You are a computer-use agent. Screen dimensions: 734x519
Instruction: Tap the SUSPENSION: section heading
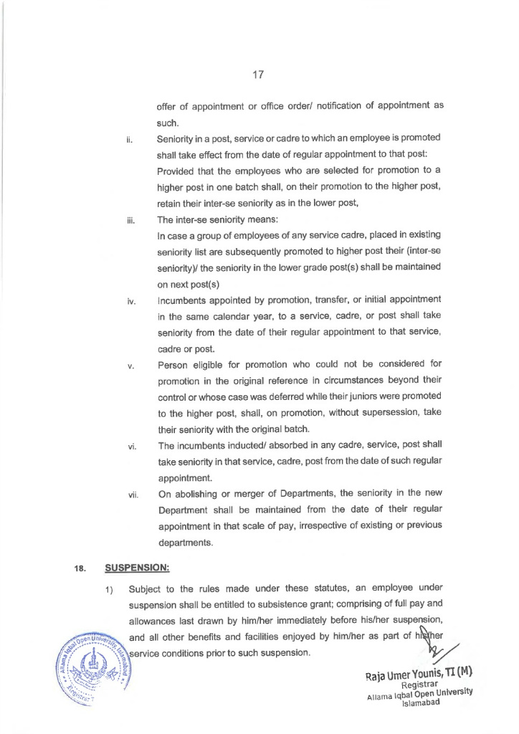point(137,568)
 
